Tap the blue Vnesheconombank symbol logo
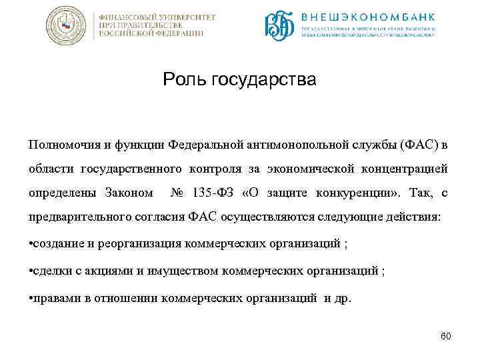pyautogui.click(x=279, y=26)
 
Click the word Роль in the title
pyautogui.click(x=185, y=81)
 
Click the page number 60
pyautogui.click(x=445, y=335)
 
